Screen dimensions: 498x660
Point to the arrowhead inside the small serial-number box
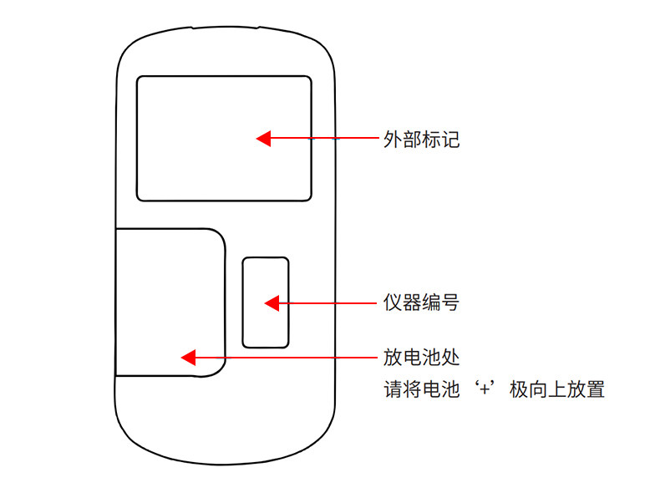[x=272, y=302]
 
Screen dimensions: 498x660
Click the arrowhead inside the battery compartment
[x=189, y=358]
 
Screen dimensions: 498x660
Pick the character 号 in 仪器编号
[x=449, y=302]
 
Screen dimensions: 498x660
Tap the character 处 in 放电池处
[x=449, y=358]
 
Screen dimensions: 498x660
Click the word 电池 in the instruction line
[x=440, y=389]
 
